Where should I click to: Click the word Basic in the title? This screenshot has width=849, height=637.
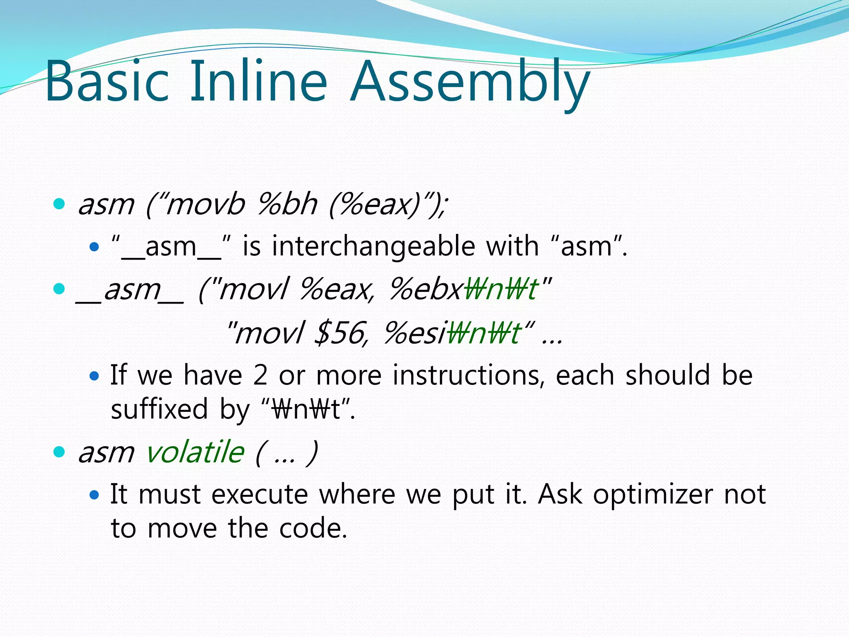click(107, 81)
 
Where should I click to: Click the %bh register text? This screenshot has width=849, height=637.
click(287, 204)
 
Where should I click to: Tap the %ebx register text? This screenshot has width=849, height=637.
click(425, 289)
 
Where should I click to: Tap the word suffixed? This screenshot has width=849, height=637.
click(159, 409)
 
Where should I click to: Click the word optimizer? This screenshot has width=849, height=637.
click(653, 494)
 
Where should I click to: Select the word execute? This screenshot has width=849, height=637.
click(260, 494)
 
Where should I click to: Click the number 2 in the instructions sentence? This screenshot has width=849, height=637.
click(260, 375)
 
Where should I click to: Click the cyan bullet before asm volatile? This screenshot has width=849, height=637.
click(59, 452)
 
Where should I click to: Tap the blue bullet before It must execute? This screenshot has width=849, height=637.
click(95, 494)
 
